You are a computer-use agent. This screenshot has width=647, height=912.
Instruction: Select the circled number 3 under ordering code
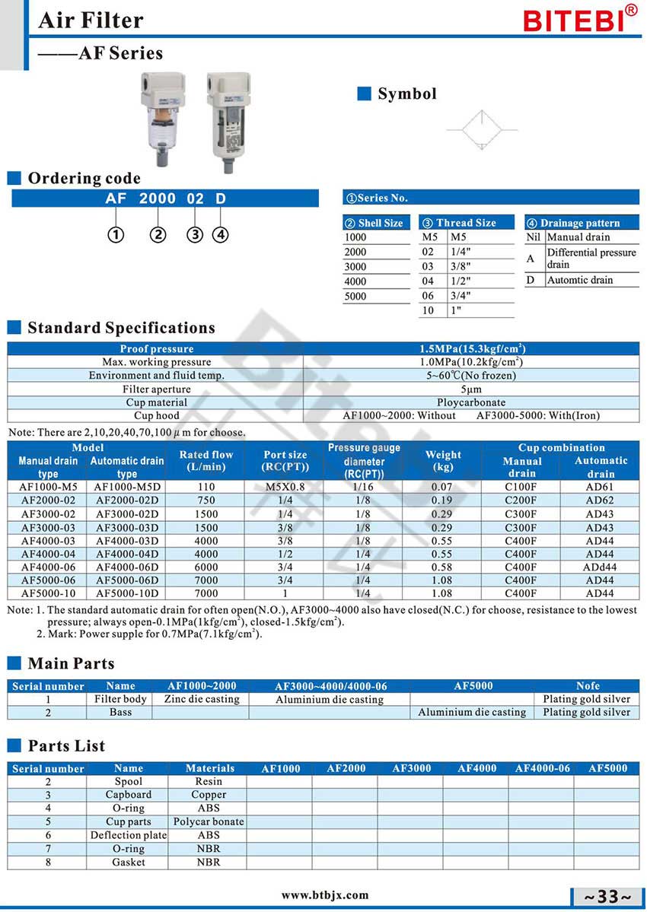[x=196, y=234]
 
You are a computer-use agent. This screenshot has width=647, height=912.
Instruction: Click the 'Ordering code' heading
[x=84, y=179]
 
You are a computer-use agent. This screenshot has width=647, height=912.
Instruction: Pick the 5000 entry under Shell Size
[x=355, y=297]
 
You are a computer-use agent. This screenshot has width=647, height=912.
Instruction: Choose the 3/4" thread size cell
[x=461, y=296]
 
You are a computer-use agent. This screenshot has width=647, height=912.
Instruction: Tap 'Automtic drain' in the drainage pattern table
[x=580, y=280]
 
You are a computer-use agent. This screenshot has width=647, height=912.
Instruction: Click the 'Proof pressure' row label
[x=156, y=349]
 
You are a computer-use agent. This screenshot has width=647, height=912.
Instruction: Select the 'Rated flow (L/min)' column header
[x=206, y=460]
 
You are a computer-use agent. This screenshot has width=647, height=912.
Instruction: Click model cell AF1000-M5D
[x=126, y=487]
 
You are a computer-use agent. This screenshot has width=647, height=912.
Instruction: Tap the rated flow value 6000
[x=206, y=567]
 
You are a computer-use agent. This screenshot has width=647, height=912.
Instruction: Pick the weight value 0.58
[x=441, y=567]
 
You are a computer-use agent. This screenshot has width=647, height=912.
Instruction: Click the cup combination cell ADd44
[x=600, y=567]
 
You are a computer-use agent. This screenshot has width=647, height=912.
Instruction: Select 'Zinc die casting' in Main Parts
[x=202, y=699]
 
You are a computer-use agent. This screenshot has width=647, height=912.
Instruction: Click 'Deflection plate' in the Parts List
[x=128, y=835]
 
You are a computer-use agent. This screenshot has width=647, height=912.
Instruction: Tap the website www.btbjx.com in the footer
[x=325, y=895]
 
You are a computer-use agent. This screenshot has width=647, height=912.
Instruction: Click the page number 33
[x=607, y=897]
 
